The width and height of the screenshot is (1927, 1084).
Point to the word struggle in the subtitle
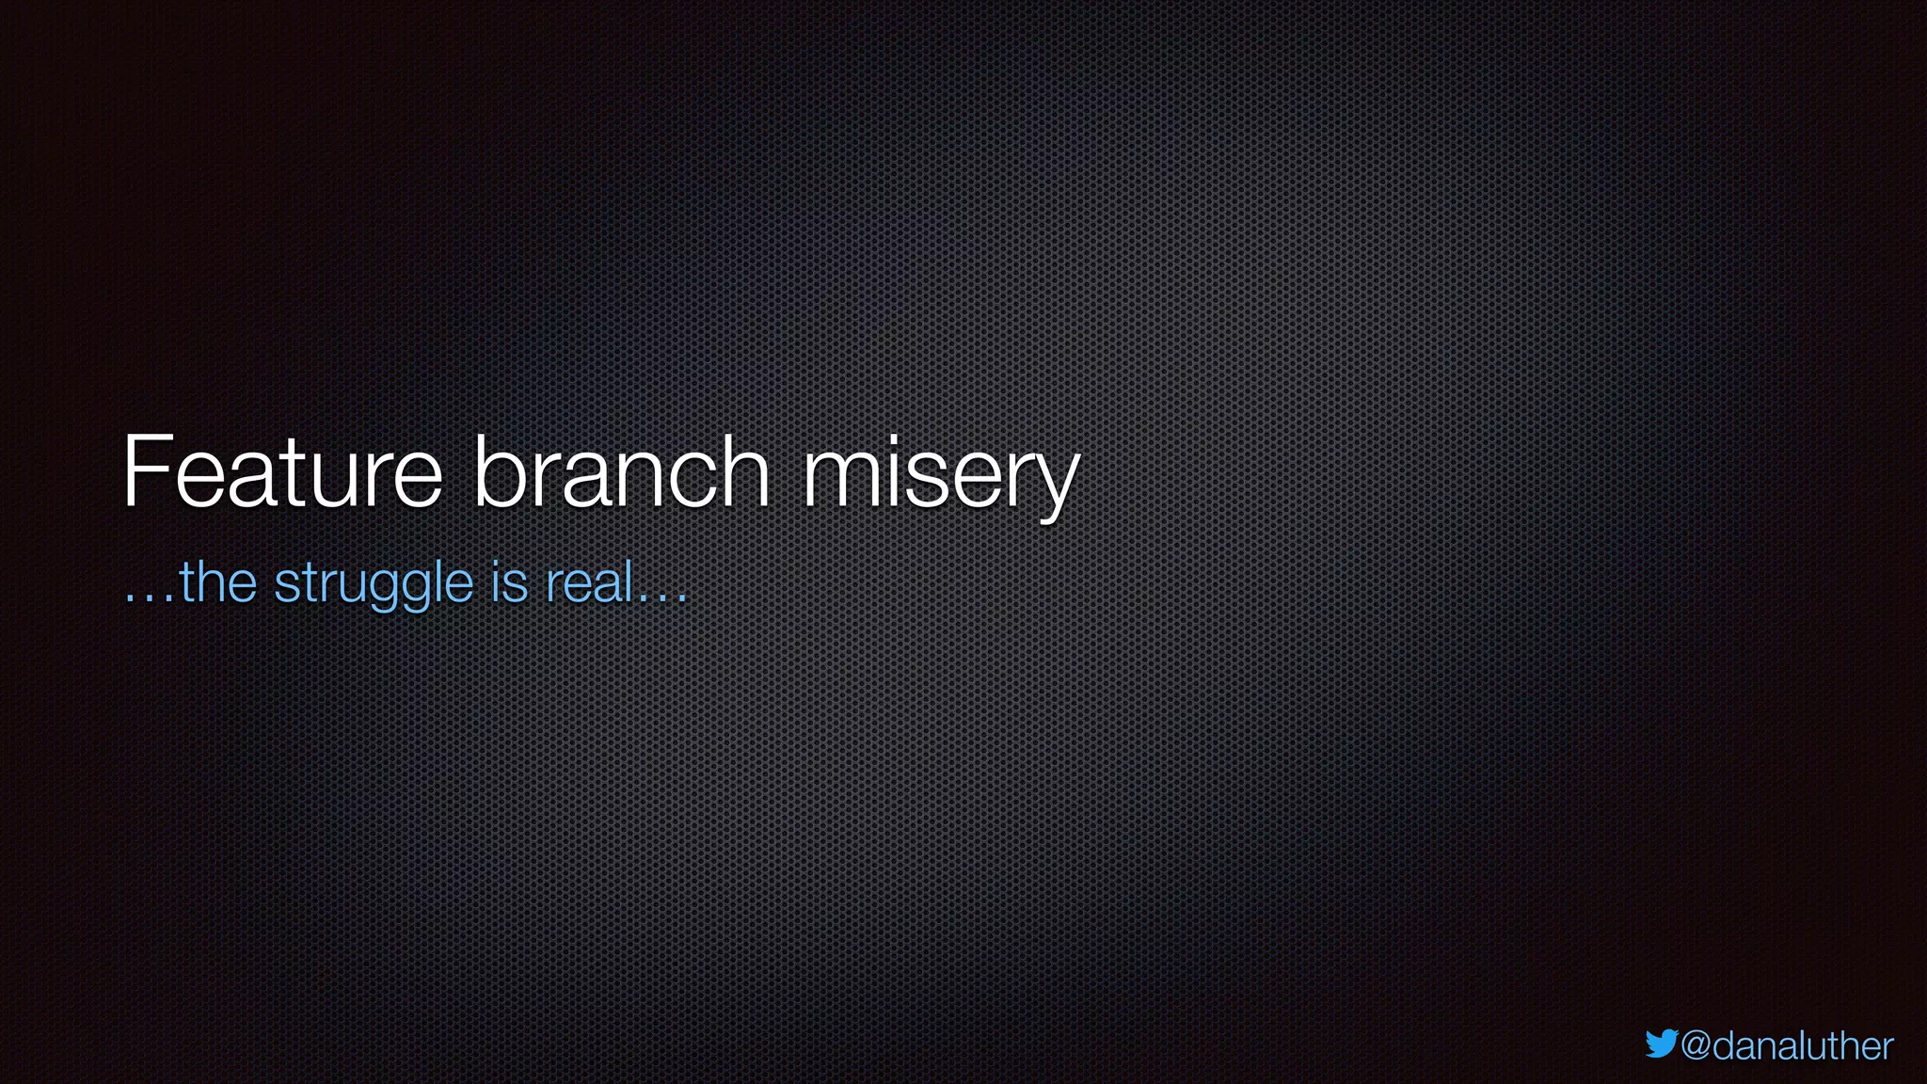(x=374, y=584)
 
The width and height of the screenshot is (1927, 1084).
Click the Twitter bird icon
(x=1662, y=1044)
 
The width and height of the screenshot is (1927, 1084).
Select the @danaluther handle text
(x=1787, y=1046)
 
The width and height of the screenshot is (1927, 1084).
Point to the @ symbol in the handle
(x=1696, y=1047)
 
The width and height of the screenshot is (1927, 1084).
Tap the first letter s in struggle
(x=285, y=584)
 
